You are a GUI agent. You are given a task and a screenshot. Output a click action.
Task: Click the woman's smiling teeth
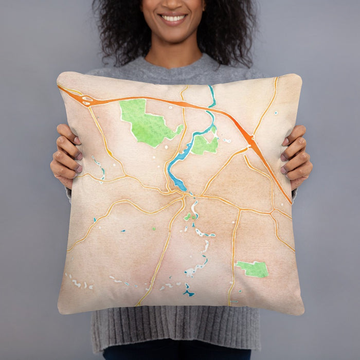tap(173, 18)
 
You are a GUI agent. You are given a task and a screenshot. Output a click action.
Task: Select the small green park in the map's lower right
tap(253, 269)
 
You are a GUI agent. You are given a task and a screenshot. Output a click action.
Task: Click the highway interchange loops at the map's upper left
tap(86, 101)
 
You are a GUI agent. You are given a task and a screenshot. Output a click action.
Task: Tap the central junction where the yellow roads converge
tap(184, 195)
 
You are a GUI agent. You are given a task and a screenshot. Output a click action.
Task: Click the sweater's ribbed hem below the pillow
tap(175, 329)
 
